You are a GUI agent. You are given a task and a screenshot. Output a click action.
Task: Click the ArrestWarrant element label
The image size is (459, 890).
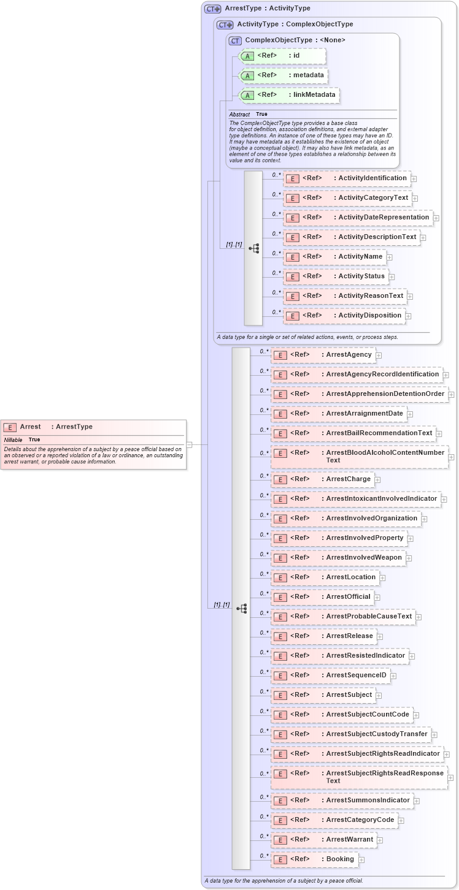pyautogui.click(x=349, y=839)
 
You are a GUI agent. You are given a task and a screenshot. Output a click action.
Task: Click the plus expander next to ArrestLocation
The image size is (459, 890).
pyautogui.click(x=382, y=577)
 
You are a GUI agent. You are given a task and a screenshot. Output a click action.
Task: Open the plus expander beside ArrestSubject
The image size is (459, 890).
pyautogui.click(x=379, y=695)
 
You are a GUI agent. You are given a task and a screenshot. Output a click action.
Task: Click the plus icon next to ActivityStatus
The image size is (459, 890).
pyautogui.click(x=391, y=276)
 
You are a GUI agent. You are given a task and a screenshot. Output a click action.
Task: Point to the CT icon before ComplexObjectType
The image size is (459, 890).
pyautogui.click(x=236, y=40)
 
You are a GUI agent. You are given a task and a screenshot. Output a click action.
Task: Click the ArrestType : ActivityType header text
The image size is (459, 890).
pyautogui.click(x=268, y=9)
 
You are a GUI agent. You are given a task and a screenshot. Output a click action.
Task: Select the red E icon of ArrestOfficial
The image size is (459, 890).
pyautogui.click(x=280, y=597)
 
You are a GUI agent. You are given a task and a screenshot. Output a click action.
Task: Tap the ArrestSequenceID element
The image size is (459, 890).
pyautogui.click(x=356, y=675)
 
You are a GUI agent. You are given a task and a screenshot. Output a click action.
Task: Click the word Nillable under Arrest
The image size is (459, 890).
pyautogui.click(x=13, y=439)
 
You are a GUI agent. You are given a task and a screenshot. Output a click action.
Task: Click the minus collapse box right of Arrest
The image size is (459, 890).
pyautogui.click(x=189, y=444)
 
